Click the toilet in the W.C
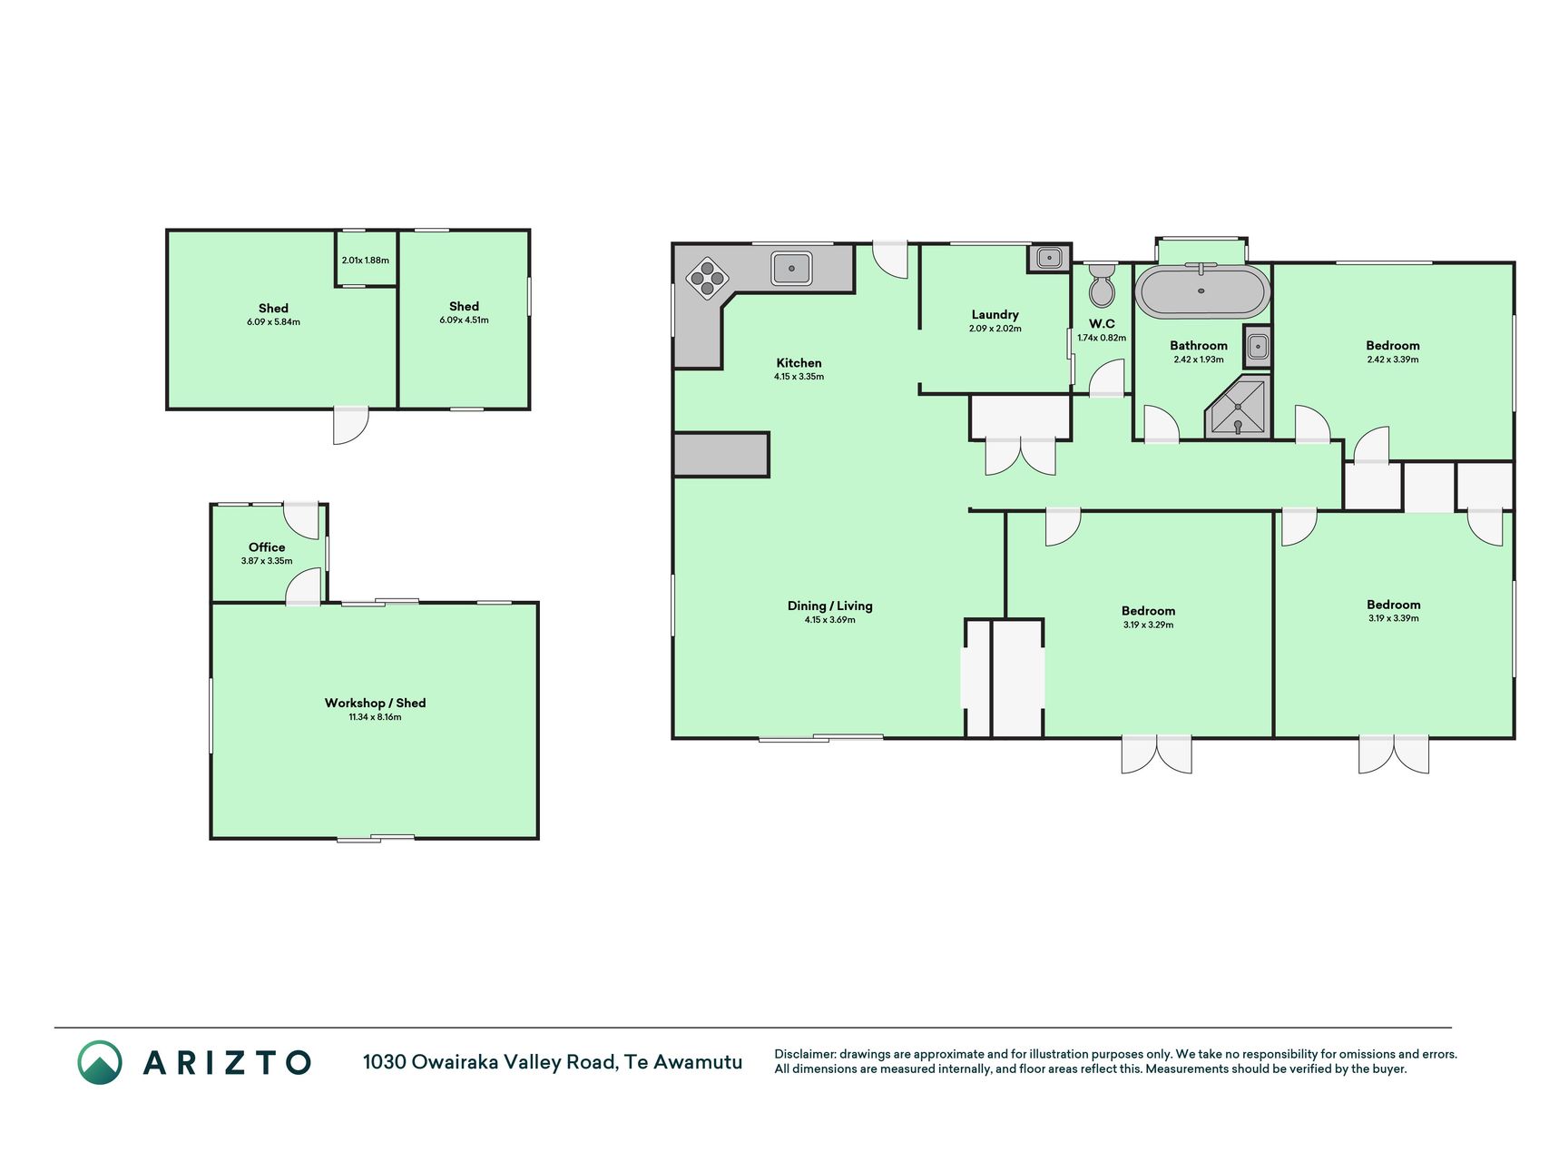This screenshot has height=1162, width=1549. click(x=1102, y=286)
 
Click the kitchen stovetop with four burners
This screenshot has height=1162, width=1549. click(x=708, y=278)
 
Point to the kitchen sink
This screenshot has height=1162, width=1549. click(x=791, y=269)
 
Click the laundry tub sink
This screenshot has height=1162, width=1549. click(x=1049, y=258)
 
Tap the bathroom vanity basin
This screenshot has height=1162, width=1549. click(x=1257, y=347)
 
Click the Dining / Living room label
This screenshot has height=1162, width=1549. click(x=829, y=606)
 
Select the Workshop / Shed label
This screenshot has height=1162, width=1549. click(x=375, y=703)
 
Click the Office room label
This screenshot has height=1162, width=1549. click(x=267, y=547)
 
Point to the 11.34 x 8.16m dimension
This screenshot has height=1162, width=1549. click(x=375, y=717)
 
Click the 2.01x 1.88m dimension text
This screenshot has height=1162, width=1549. click(x=366, y=261)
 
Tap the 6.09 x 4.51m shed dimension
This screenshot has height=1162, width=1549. click(x=464, y=320)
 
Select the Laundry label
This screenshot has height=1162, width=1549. click(x=995, y=314)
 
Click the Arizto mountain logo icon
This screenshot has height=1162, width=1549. click(x=100, y=1062)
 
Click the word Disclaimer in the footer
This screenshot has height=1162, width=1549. click(x=804, y=1054)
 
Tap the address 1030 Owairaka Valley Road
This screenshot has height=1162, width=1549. click(x=491, y=1062)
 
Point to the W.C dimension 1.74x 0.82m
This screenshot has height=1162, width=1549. click(x=1102, y=338)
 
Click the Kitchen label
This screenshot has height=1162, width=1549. click(x=799, y=362)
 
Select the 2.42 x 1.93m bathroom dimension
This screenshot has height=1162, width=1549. click(x=1198, y=359)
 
